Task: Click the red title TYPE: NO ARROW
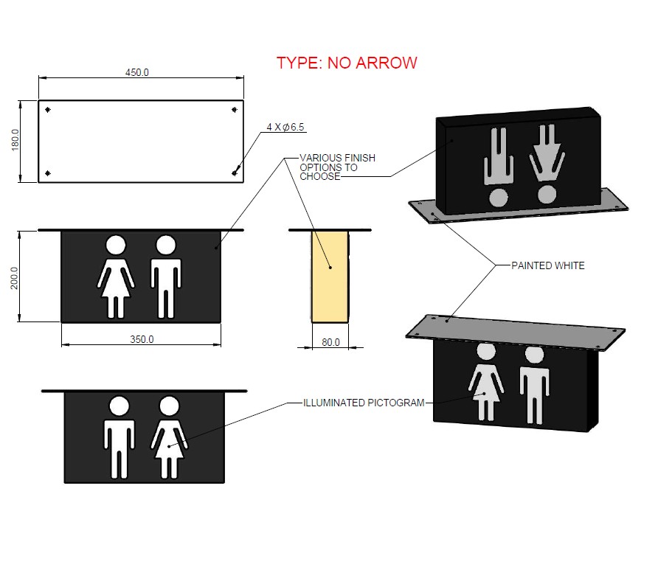tap(347, 63)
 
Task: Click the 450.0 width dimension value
tap(137, 72)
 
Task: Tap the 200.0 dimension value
tap(15, 277)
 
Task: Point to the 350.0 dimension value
tap(142, 339)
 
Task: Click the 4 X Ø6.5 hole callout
tap(285, 128)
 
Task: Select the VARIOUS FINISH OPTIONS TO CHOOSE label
tap(337, 167)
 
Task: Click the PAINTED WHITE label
tap(547, 265)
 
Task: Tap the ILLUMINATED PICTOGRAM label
tap(364, 403)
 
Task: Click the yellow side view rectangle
tap(330, 277)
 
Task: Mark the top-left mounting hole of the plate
tap(48, 110)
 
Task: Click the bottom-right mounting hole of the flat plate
tap(235, 173)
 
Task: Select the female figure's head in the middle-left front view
tap(116, 245)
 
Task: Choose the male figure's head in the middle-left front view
tap(165, 245)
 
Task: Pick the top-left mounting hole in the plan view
tap(48, 110)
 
